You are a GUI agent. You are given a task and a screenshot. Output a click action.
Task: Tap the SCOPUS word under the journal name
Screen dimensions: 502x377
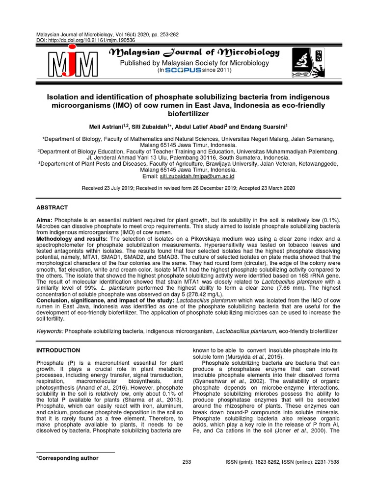pyautogui.click(x=184, y=71)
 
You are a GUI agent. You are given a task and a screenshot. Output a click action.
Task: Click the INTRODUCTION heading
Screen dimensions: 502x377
pyautogui.click(x=59, y=350)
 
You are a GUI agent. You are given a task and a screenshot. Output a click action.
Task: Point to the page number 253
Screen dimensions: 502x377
pyautogui.click(x=187, y=462)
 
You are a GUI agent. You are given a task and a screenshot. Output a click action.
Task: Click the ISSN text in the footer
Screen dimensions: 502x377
pyautogui.click(x=282, y=462)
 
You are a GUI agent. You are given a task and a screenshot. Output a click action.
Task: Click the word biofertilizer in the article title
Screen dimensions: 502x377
pyautogui.click(x=188, y=114)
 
